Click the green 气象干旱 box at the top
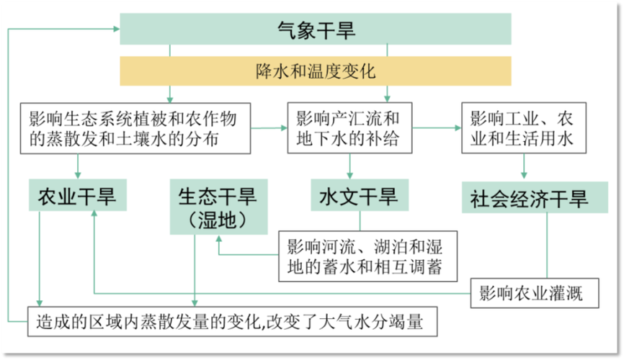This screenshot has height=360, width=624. [316, 29]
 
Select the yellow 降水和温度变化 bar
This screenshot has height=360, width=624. [316, 71]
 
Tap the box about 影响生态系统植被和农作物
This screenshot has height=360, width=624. [135, 128]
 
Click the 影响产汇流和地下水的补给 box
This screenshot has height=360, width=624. [350, 128]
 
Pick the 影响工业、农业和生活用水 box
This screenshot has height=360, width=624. [522, 128]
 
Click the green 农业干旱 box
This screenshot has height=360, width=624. [76, 194]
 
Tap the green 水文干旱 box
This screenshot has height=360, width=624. [358, 194]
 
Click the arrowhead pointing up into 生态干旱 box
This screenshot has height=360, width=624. [218, 240]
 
